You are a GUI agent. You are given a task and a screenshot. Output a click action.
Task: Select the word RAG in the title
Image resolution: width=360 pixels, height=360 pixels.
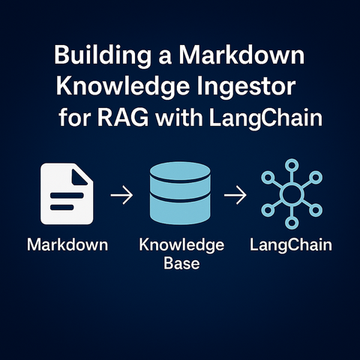(123, 118)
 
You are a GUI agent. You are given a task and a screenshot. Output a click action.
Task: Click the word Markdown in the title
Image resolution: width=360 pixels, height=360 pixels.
(241, 55)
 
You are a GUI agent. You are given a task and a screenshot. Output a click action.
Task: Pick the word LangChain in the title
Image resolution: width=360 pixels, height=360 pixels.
(265, 118)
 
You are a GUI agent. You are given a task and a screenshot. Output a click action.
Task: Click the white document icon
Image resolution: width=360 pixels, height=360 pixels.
(67, 193)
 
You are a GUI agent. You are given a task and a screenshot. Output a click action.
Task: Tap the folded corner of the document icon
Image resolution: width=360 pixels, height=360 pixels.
(79, 177)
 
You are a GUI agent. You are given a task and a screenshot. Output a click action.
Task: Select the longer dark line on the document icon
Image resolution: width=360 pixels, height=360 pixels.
(67, 195)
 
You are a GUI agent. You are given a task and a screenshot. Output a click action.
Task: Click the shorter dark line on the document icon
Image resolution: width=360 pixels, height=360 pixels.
(62, 207)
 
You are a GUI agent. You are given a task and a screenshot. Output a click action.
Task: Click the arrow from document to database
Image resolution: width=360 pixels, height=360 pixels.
(121, 195)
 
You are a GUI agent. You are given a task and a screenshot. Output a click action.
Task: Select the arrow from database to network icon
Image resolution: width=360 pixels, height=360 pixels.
(235, 195)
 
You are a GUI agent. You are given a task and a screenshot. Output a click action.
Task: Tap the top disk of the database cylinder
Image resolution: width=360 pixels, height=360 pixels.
(180, 172)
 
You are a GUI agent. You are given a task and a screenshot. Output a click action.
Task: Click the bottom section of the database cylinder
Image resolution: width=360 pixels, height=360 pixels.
(180, 211)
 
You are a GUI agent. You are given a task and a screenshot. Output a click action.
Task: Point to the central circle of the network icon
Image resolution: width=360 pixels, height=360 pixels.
(292, 193)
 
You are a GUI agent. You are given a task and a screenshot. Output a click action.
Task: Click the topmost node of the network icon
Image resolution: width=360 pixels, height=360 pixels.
(292, 165)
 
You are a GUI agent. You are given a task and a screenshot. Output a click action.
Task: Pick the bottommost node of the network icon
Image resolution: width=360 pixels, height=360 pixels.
(292, 222)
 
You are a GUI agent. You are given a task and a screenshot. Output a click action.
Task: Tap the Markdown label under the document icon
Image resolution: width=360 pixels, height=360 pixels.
(67, 244)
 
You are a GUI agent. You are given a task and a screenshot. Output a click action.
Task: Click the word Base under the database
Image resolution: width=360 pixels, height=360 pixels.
(181, 263)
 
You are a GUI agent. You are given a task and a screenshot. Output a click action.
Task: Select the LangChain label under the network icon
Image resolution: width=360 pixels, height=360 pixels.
(291, 245)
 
